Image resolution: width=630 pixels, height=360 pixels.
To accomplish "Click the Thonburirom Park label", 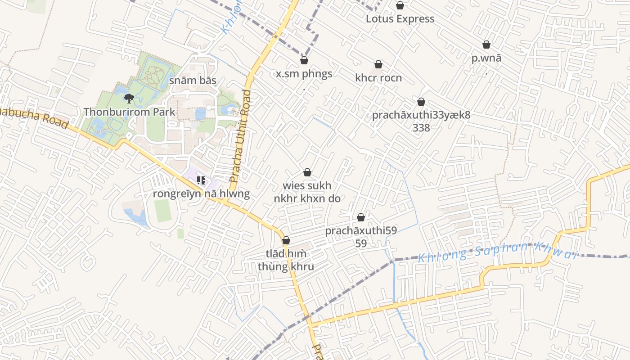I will coord(129,112).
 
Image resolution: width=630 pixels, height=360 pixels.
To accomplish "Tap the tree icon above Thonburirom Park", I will coord(129,98).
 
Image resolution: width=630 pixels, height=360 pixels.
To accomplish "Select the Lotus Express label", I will coord(400,19).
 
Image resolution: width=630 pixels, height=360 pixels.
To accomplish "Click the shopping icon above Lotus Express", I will coord(400,5).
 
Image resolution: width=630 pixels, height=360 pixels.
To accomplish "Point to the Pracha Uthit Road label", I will coord(240,136).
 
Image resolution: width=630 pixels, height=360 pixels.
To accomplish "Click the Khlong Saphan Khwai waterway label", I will coord(497,252).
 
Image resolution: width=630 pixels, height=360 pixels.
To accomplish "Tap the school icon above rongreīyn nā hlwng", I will coord(201,181).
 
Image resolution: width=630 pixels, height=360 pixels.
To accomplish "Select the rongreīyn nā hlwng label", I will coord(201,194).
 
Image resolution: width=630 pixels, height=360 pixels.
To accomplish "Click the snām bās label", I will coord(193,81).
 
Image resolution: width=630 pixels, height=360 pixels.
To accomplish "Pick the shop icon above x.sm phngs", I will coord(304,60).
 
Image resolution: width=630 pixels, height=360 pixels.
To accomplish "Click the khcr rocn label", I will coord(378,78).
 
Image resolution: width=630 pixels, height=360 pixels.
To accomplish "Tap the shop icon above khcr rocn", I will coord(378,65).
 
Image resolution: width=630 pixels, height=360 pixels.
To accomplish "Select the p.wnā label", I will coord(486,58).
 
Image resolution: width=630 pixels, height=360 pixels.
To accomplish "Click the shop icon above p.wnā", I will coord(486,45).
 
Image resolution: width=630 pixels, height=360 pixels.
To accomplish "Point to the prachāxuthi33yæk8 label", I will coord(421,115).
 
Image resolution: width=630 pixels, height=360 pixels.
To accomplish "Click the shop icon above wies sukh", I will coord(307,172).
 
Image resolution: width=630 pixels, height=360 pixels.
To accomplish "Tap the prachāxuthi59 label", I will coord(360,231).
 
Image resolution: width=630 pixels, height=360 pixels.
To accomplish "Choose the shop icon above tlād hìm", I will coord(286,240).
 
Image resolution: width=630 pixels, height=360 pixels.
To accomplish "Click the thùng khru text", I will coord(286,266).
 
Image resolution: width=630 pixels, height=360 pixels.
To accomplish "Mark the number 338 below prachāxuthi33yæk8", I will coord(421,128).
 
